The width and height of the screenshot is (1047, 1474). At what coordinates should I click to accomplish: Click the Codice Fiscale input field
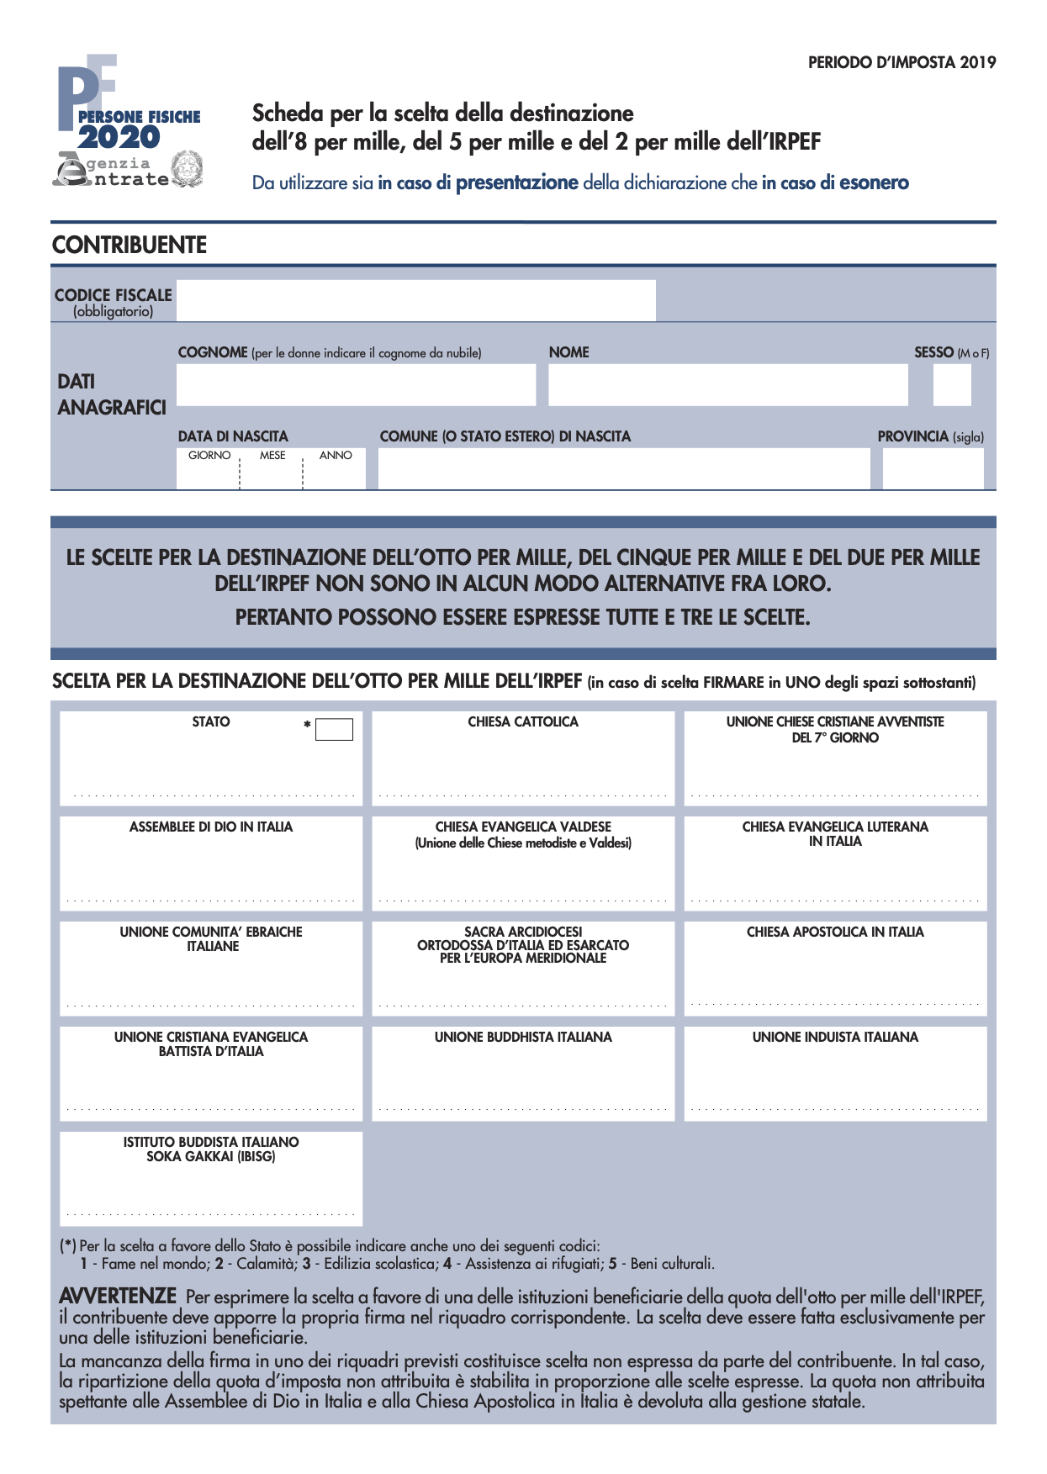click(415, 300)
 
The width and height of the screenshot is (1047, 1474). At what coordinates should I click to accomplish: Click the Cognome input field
click(356, 384)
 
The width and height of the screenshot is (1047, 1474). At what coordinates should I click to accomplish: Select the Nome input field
click(727, 384)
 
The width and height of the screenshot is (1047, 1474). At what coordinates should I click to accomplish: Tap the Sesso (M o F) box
click(951, 385)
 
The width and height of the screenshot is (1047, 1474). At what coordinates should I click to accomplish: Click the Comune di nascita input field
click(623, 468)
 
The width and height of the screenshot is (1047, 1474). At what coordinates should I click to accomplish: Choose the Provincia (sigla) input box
click(932, 468)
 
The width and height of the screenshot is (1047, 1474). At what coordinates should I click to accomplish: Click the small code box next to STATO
click(334, 729)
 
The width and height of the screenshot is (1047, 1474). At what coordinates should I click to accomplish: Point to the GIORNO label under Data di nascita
click(209, 456)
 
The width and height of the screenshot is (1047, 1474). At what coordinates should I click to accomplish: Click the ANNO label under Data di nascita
click(336, 456)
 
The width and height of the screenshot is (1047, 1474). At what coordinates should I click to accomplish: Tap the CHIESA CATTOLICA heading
click(523, 722)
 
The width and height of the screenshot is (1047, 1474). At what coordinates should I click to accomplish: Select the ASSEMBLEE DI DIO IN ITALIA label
click(211, 827)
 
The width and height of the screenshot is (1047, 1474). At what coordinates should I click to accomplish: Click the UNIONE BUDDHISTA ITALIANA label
click(523, 1038)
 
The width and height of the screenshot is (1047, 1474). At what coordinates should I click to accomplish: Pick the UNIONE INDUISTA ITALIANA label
click(835, 1038)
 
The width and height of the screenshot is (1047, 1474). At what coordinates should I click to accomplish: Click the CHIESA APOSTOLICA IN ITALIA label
click(835, 932)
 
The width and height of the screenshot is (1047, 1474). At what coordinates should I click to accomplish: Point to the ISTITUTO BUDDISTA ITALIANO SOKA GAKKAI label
click(211, 1149)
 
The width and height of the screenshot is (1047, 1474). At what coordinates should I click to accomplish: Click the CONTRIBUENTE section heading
click(130, 245)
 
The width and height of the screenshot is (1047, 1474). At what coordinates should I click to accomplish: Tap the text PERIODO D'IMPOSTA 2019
click(902, 62)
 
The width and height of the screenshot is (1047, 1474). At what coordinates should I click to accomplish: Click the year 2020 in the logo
click(119, 138)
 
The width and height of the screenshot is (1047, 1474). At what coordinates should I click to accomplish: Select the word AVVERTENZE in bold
click(118, 1296)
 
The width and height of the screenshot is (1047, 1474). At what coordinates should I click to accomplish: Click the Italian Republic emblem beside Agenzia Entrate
click(186, 168)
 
